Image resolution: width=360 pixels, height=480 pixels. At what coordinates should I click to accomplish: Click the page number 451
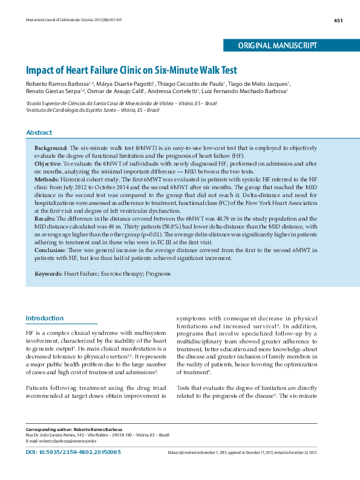pos(338,20)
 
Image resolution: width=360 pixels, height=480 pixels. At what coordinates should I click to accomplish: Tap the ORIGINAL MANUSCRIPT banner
pos(278,45)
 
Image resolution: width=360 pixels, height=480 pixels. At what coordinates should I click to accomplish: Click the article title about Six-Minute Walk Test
pos(131,70)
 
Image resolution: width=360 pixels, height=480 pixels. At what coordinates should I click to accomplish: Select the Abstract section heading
pos(39,132)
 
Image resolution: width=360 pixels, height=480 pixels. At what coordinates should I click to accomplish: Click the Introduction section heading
pos(44,318)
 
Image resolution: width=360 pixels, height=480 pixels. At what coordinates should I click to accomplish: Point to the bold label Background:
pos(51,148)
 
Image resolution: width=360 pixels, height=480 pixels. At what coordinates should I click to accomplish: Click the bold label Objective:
pos(47,163)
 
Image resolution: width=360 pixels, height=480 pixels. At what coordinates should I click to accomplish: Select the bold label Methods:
pos(47,179)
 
